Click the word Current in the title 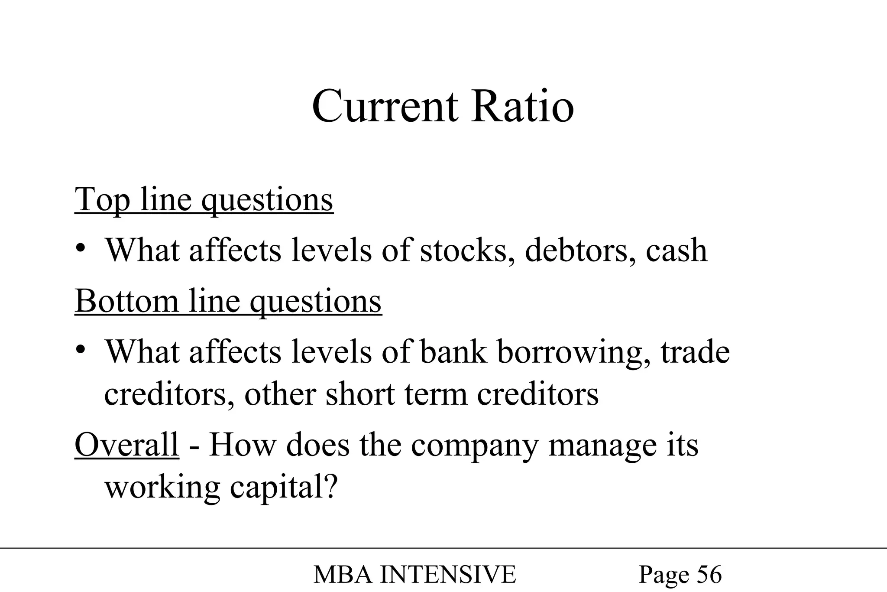[385, 107]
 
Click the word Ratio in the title [523, 107]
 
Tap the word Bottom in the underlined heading [126, 301]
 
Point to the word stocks [467, 250]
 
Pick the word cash [677, 250]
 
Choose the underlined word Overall [127, 445]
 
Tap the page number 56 [709, 575]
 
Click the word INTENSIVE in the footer [448, 575]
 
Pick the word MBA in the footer [343, 575]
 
